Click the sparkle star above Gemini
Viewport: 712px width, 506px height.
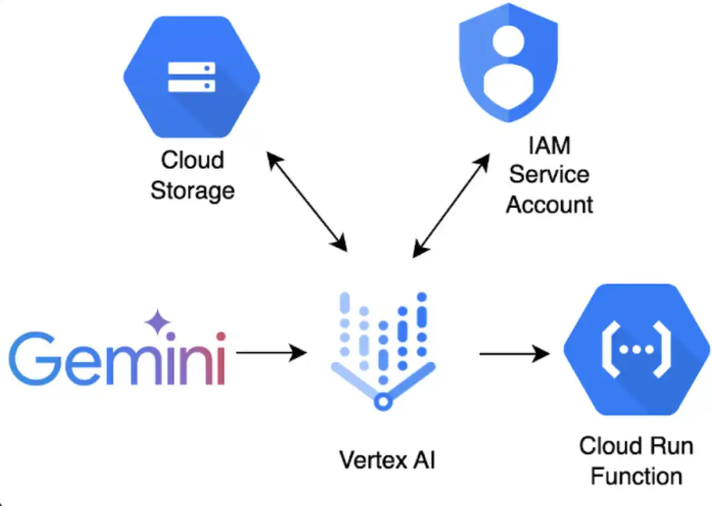pos(157,322)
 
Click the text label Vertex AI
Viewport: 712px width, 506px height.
pos(385,459)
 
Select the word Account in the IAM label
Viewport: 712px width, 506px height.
pos(549,204)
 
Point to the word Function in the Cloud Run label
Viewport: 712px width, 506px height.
pos(636,476)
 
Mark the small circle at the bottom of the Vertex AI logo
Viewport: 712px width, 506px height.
pos(384,398)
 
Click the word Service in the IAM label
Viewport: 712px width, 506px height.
pos(549,176)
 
